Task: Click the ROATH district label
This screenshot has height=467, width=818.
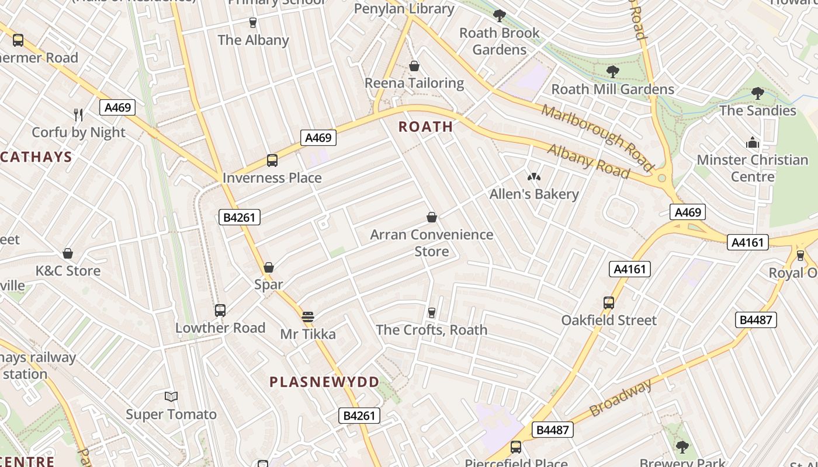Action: click(x=426, y=127)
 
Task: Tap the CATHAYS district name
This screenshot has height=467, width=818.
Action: click(x=36, y=156)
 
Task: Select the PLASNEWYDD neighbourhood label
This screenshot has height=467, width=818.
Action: click(x=324, y=382)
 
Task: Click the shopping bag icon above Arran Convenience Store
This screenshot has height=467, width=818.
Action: click(x=432, y=218)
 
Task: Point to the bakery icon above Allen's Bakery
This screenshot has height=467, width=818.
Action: click(x=533, y=177)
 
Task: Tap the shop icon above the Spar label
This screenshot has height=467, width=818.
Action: click(x=269, y=267)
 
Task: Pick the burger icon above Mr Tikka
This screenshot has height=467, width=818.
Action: click(x=308, y=317)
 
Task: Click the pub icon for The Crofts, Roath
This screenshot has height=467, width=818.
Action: click(x=432, y=313)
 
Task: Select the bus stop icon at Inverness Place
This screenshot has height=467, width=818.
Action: click(x=272, y=161)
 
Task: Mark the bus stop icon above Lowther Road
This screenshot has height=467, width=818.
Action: click(x=220, y=311)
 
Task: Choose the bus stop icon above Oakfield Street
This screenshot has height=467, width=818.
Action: click(x=609, y=303)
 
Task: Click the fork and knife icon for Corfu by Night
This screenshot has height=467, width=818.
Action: click(x=78, y=115)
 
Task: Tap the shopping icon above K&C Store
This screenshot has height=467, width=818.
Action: click(x=68, y=253)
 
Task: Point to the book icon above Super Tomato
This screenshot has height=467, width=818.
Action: click(x=171, y=397)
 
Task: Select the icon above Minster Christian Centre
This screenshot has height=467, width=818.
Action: click(x=752, y=142)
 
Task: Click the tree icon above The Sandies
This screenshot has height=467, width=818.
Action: click(x=758, y=93)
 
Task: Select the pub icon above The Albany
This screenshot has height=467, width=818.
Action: click(x=253, y=23)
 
